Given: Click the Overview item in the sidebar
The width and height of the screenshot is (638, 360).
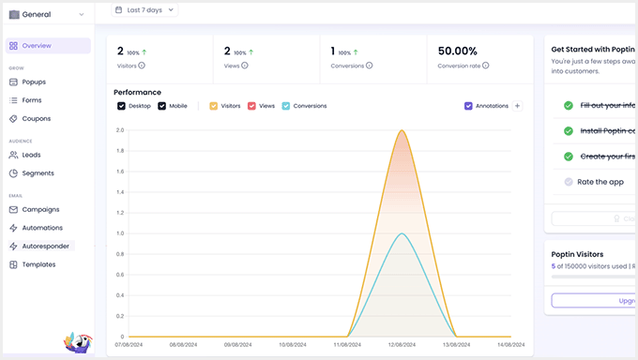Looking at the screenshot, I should [x=37, y=46].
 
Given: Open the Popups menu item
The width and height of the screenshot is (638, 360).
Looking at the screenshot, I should [x=34, y=82].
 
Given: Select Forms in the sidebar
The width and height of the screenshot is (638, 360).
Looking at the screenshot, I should [x=32, y=100].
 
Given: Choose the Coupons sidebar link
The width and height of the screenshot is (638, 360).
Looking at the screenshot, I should [x=36, y=119].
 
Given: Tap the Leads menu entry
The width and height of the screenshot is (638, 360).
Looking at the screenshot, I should [x=31, y=155].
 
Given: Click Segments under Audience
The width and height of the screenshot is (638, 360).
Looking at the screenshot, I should [x=38, y=173].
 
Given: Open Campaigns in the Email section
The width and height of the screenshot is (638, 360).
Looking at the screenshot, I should [x=40, y=209].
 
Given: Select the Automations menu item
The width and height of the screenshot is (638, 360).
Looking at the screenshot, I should [x=42, y=228].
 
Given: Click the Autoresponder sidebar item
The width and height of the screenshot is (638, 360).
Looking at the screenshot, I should [x=45, y=246].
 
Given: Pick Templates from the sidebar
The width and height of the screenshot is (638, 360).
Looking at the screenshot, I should [x=38, y=264].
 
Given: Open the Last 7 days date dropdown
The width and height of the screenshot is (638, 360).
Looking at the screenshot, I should [x=144, y=10].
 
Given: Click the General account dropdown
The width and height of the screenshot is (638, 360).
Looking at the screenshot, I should [x=47, y=14].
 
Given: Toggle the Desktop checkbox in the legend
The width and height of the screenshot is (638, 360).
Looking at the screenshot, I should [x=121, y=106].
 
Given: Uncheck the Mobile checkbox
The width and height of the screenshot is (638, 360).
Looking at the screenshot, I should [x=162, y=106].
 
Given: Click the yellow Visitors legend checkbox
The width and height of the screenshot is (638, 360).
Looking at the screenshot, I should [x=214, y=106].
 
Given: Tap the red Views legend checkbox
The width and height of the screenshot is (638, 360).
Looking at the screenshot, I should [x=251, y=106].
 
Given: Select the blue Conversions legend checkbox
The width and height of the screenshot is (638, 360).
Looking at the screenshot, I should [x=286, y=106].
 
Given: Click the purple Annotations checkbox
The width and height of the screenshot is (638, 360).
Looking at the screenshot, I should [x=468, y=106].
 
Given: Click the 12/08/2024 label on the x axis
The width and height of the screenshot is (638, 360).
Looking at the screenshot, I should [x=402, y=345].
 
